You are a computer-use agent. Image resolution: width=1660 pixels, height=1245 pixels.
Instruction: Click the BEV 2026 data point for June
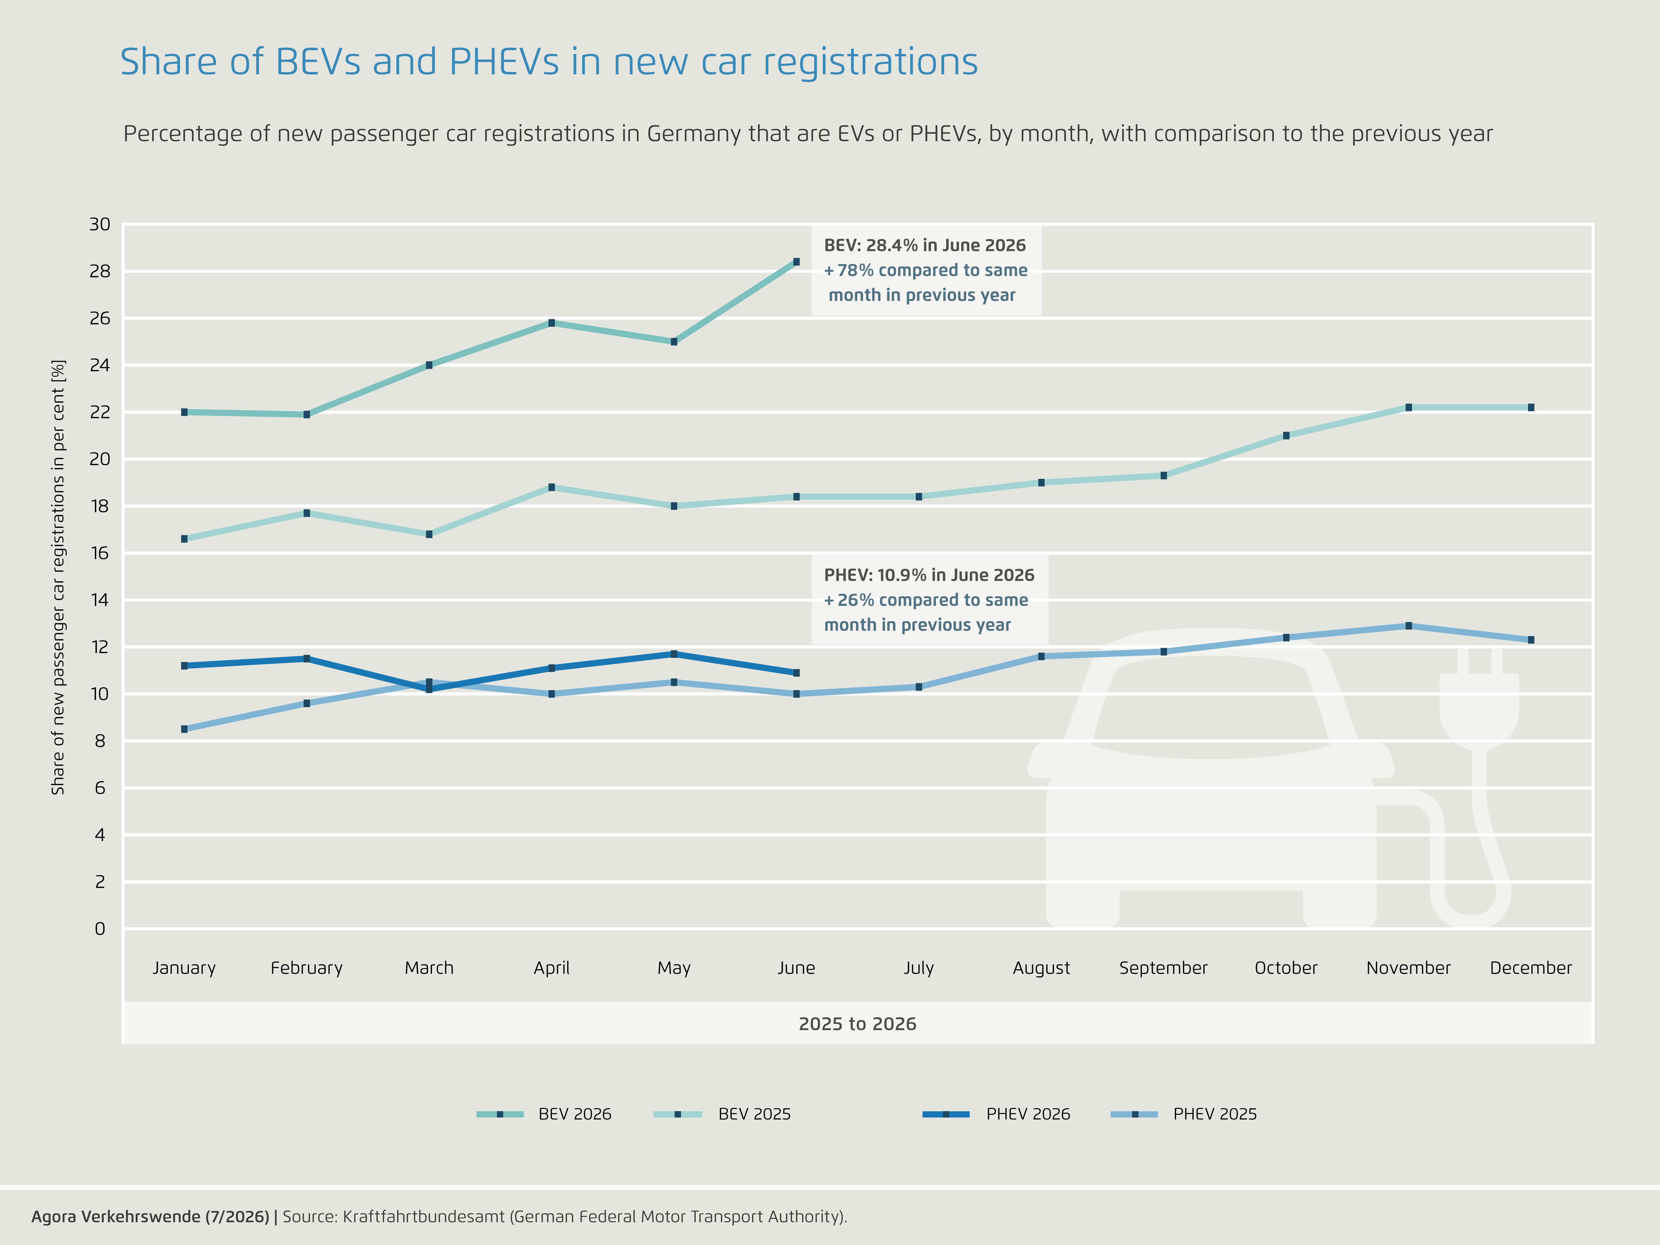(796, 262)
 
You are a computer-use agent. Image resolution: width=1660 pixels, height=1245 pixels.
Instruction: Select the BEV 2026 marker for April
(552, 323)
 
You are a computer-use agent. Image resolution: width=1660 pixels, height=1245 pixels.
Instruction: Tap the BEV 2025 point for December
(1531, 408)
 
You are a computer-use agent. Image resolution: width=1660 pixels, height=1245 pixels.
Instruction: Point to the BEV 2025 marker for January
(184, 539)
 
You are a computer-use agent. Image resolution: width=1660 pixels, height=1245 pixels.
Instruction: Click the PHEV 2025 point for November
(1409, 626)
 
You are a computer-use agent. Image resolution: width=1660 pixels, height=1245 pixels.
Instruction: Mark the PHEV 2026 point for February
(307, 659)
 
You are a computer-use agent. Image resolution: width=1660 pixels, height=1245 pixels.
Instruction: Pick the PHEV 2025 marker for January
(184, 729)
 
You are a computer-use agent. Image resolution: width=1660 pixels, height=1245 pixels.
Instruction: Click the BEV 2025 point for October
(1286, 435)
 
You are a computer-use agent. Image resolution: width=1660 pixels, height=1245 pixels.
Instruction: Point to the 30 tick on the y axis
(100, 224)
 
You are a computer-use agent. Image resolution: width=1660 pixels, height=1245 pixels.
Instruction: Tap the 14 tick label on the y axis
(100, 600)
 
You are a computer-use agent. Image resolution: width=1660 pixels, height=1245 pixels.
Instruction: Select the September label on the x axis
(1163, 968)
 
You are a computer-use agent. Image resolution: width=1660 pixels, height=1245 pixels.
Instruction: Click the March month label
(429, 968)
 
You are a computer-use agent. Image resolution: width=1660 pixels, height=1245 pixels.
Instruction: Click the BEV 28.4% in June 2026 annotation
(925, 270)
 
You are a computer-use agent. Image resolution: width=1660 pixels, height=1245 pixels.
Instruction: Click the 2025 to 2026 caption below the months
(858, 1024)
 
